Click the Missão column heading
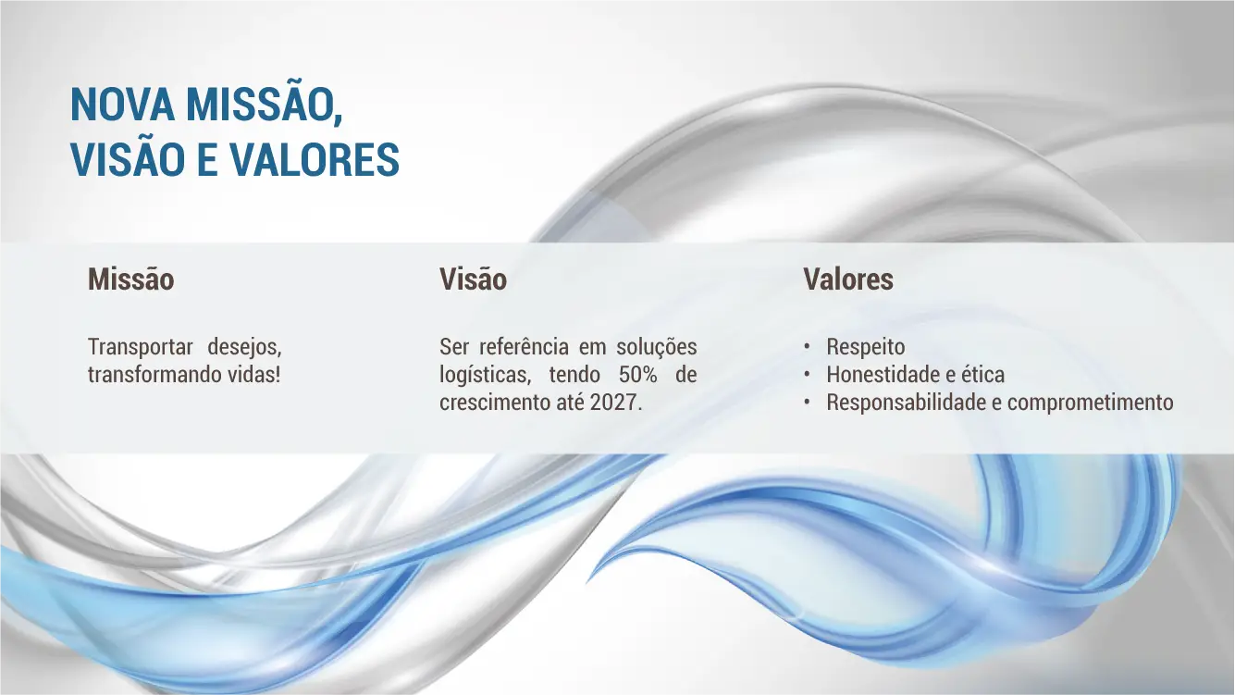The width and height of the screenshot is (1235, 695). pyautogui.click(x=130, y=279)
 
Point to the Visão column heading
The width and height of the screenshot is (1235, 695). pyautogui.click(x=473, y=279)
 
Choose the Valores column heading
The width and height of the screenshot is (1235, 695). pyautogui.click(x=847, y=279)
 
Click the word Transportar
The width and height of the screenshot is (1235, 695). pyautogui.click(x=140, y=347)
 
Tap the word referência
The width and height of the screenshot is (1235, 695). pyautogui.click(x=524, y=347)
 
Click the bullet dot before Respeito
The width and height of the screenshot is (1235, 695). pyautogui.click(x=807, y=347)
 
